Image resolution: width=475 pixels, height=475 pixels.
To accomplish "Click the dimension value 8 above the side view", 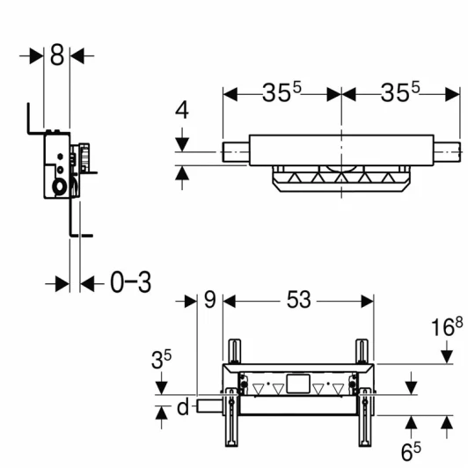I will pyautogui.click(x=56, y=55).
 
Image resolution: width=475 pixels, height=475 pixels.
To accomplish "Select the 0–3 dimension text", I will pyautogui.click(x=131, y=282).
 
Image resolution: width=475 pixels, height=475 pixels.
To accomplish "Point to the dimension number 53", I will pyautogui.click(x=299, y=300).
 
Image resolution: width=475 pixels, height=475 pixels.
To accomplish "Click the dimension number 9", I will pyautogui.click(x=209, y=300).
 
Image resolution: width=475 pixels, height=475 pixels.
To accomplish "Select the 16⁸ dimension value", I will pyautogui.click(x=448, y=327).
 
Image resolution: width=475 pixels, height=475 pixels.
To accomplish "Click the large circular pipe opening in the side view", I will pyautogui.click(x=60, y=186).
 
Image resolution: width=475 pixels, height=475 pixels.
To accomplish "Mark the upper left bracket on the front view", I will pyautogui.click(x=234, y=352).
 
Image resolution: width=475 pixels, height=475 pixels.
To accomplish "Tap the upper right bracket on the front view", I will pyautogui.click(x=363, y=352).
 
